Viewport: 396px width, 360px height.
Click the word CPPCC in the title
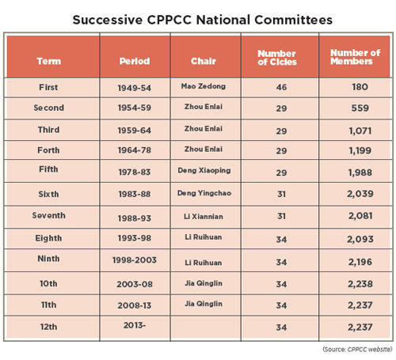169,20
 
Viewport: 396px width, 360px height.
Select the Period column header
135,61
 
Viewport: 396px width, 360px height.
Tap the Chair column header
204,61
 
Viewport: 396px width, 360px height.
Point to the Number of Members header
355,57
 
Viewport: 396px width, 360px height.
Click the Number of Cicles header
277,58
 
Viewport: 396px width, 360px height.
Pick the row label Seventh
49,215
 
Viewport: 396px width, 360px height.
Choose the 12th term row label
49,327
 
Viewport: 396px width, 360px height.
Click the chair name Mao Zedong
204,86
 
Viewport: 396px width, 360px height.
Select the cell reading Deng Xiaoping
204,170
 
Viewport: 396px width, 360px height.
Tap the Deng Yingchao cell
204,193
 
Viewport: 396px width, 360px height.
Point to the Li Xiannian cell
204,217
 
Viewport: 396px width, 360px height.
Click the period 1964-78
135,150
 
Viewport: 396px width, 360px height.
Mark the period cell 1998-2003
135,260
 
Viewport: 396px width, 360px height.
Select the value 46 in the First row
281,87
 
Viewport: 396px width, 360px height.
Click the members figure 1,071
360,131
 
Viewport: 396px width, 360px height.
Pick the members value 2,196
360,262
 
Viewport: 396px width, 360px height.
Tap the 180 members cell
360,87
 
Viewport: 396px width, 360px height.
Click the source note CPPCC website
369,349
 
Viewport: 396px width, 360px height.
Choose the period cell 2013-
135,325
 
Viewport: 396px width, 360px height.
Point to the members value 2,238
360,284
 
